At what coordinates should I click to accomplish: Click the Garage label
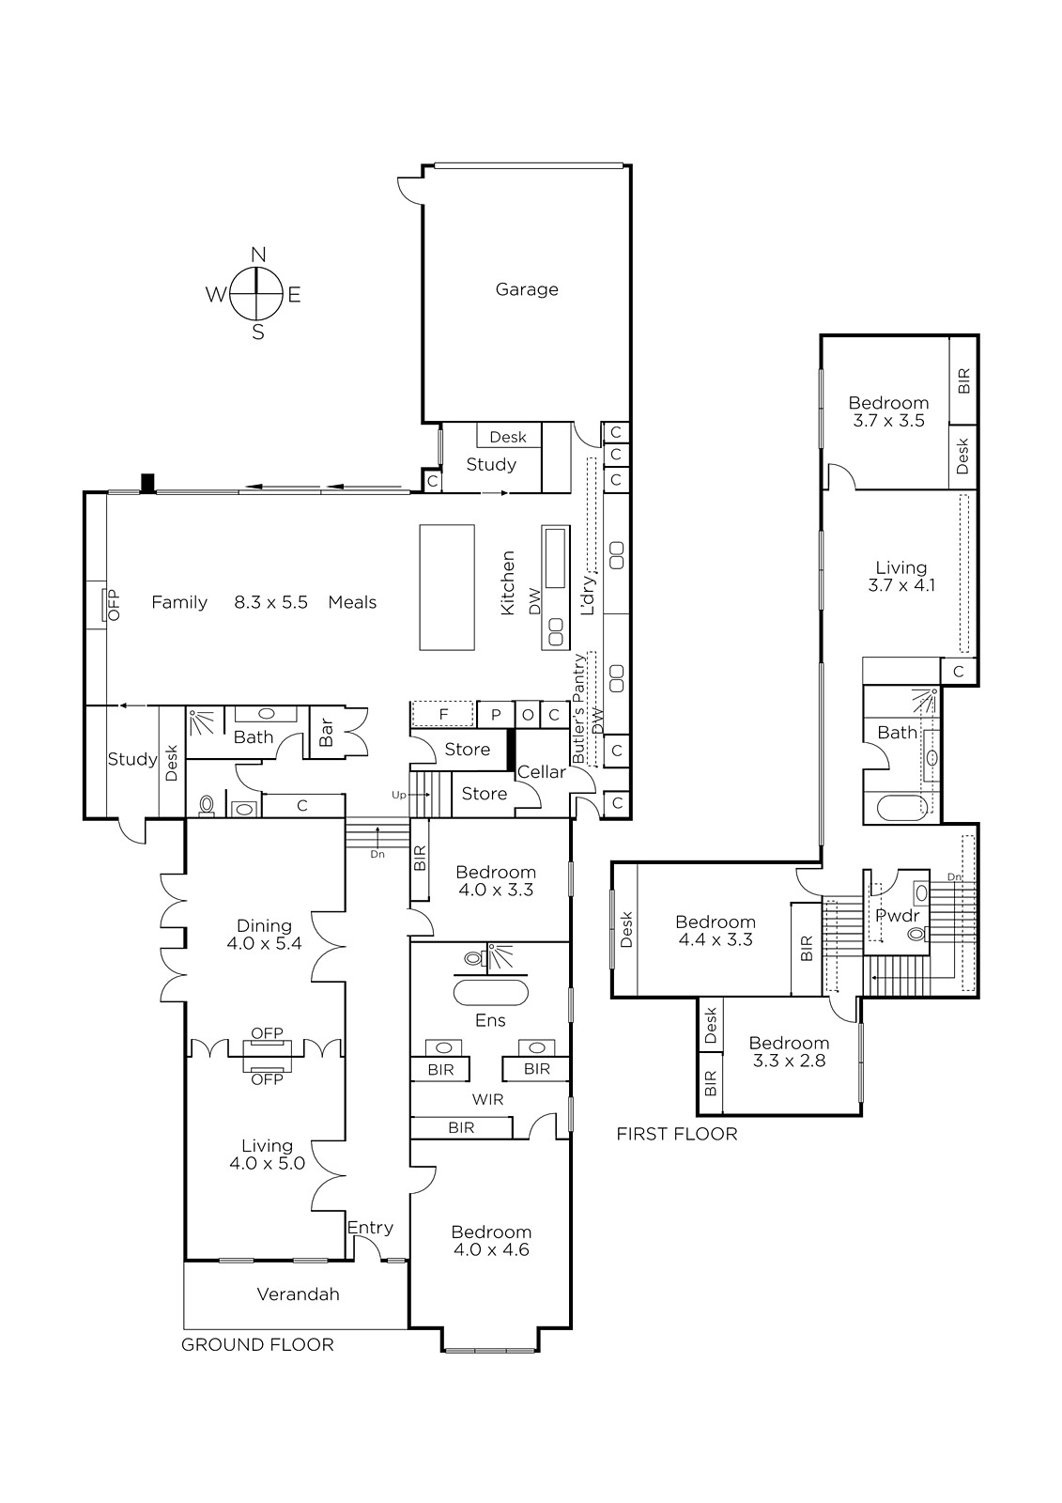527,290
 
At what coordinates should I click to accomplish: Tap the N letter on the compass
258,255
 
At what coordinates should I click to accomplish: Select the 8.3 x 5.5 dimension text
270,602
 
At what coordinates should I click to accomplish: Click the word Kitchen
508,582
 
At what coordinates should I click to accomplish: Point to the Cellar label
542,772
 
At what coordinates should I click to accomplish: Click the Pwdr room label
898,916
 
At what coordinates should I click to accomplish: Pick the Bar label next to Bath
326,732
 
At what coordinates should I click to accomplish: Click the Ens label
490,1020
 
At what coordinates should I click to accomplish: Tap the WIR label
487,1100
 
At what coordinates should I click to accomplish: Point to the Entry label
370,1228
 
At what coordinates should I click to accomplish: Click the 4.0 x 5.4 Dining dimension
264,944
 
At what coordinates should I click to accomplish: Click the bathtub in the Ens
490,993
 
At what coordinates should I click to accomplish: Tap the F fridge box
443,714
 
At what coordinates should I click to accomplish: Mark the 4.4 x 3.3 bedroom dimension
716,940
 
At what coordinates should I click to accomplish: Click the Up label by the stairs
399,795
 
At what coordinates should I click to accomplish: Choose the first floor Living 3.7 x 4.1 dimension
901,585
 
